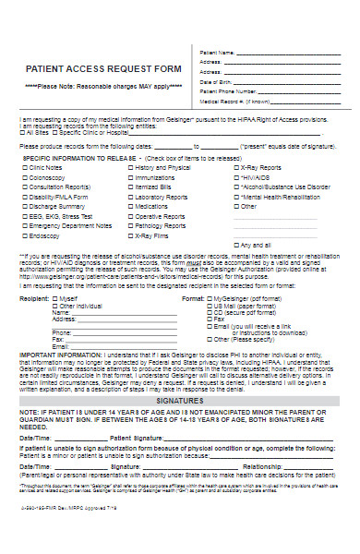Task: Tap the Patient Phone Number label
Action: click(227, 92)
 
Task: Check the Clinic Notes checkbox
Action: click(22, 167)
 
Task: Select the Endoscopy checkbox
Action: click(22, 235)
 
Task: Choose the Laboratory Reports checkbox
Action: click(126, 197)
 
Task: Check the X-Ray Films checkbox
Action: click(126, 235)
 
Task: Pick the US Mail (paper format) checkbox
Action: click(209, 307)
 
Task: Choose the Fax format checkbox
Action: click(209, 319)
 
